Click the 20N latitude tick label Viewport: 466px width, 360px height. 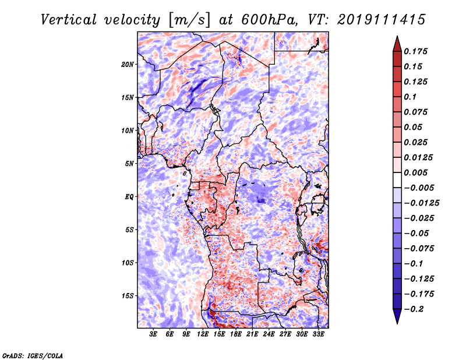pyautogui.click(x=128, y=65)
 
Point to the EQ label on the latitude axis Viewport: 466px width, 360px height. pyautogui.click(x=129, y=197)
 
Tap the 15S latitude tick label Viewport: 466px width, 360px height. pyautogui.click(x=128, y=296)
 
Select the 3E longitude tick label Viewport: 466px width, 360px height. pyautogui.click(x=153, y=334)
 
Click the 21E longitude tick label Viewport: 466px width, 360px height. pyautogui.click(x=252, y=334)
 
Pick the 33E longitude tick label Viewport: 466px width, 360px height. pyautogui.click(x=318, y=334)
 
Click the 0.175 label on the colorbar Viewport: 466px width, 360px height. pyautogui.click(x=415, y=51)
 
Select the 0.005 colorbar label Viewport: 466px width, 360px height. pyautogui.click(x=415, y=172)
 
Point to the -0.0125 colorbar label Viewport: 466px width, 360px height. pyautogui.click(x=421, y=203)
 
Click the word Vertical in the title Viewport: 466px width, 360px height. pyautogui.click(x=69, y=20)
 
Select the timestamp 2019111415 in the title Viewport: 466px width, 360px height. pyautogui.click(x=382, y=20)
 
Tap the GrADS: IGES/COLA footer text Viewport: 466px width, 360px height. pyautogui.click(x=33, y=356)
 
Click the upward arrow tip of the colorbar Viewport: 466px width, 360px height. pyautogui.click(x=397, y=37)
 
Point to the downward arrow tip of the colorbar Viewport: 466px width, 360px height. pyautogui.click(x=397, y=323)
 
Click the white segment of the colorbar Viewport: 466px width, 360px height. pyautogui.click(x=397, y=180)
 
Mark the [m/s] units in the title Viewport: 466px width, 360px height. pyautogui.click(x=189, y=20)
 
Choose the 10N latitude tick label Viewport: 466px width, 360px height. pyautogui.click(x=128, y=131)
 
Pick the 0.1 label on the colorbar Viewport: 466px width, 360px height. pyautogui.click(x=410, y=97)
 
